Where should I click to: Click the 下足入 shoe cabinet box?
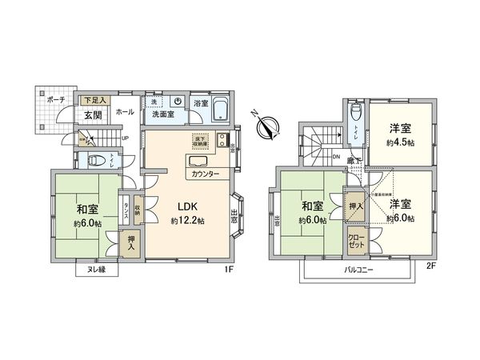click(95, 100)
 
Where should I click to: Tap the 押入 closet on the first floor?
click(130, 241)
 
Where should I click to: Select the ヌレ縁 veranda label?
click(95, 270)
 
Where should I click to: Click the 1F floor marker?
click(229, 270)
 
